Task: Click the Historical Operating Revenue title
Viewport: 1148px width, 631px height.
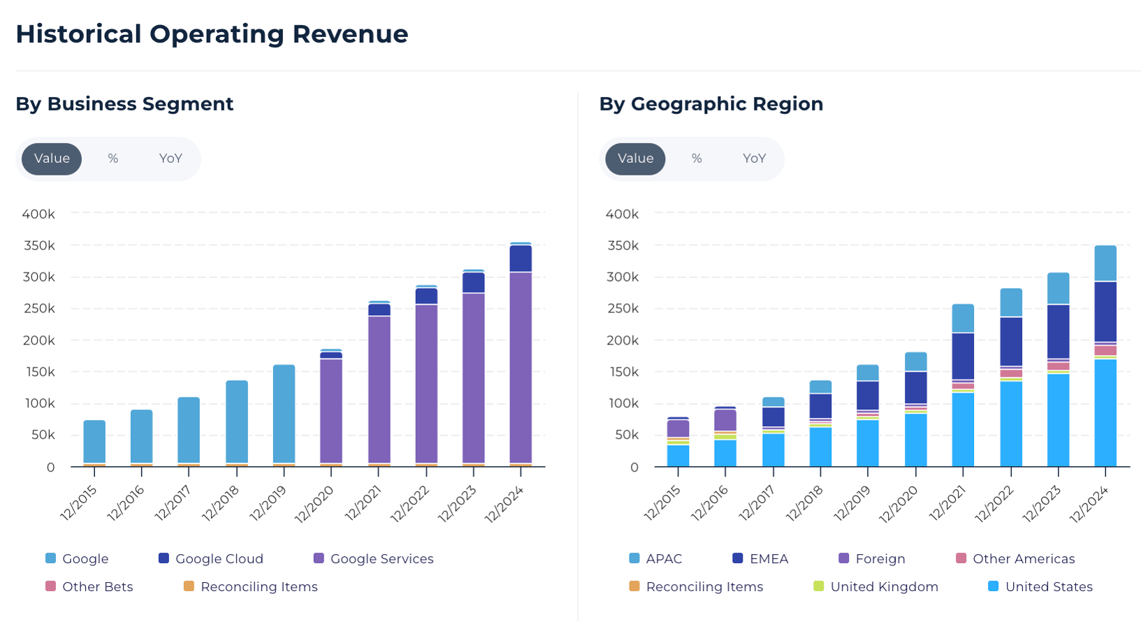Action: point(212,34)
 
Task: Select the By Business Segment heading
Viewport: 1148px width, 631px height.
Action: point(124,104)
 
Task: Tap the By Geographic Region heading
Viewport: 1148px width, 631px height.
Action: point(711,104)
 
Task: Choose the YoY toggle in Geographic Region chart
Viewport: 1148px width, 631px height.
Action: point(754,159)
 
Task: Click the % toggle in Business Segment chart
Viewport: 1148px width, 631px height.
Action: point(113,159)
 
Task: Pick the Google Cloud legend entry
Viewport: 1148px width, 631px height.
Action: point(211,559)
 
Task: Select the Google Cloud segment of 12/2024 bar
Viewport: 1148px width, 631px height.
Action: point(521,259)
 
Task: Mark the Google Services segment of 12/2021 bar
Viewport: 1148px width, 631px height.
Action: point(379,389)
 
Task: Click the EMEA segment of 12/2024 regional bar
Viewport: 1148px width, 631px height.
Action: point(1105,312)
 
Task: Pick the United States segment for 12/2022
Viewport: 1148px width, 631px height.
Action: point(1011,423)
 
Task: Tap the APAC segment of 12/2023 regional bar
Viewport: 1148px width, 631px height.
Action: point(1058,289)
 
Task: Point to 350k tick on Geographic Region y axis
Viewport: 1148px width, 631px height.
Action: point(622,246)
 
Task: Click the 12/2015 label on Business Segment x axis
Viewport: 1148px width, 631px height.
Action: point(80,502)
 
